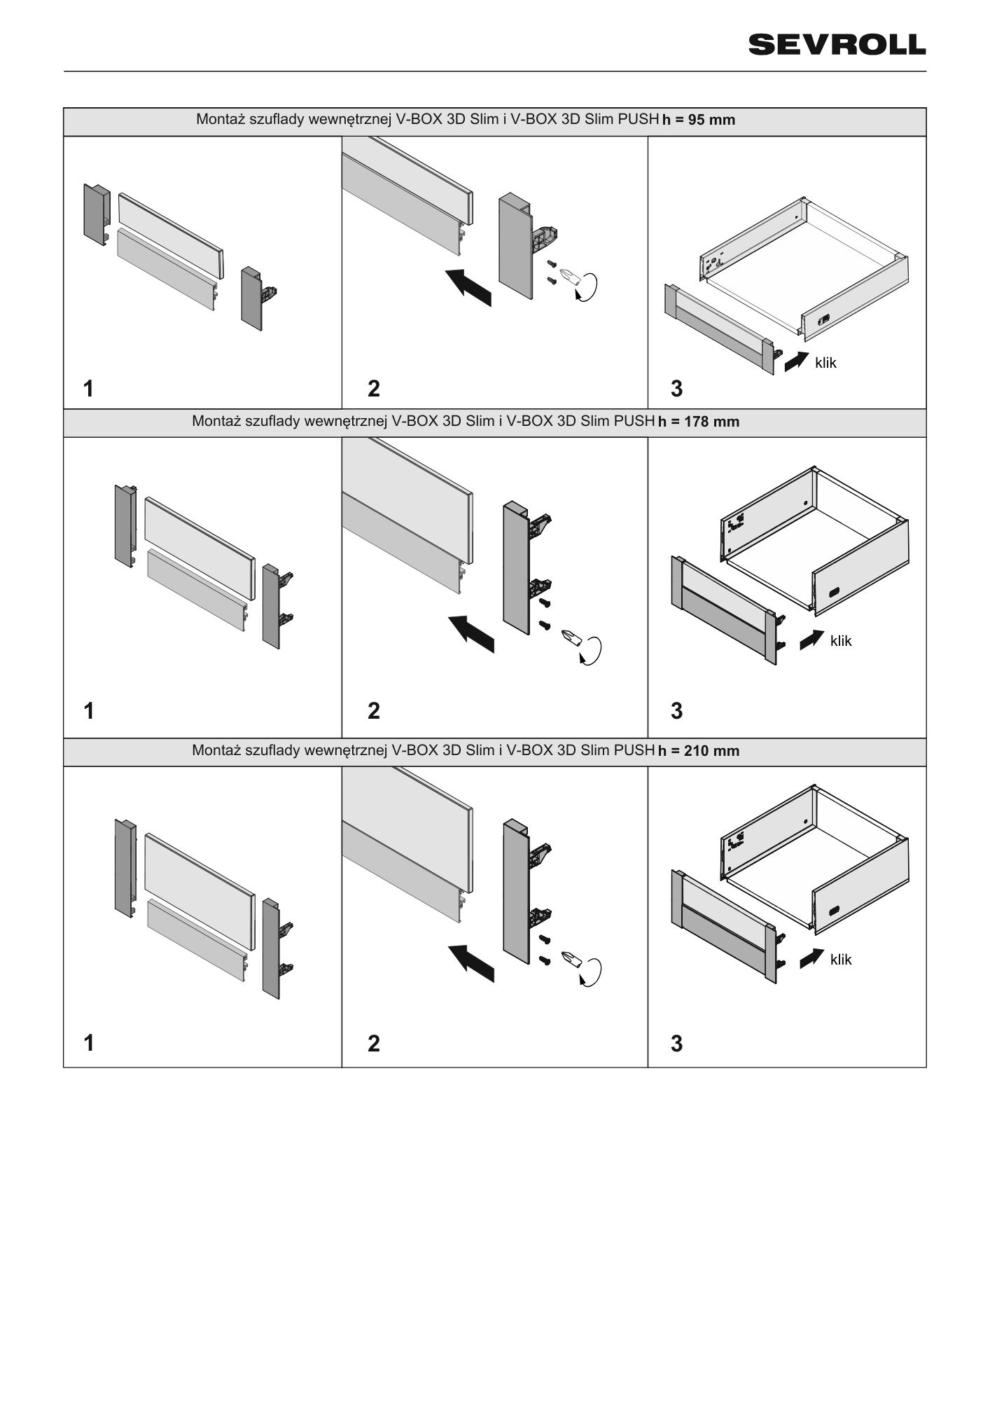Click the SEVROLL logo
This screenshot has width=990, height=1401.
coord(837,45)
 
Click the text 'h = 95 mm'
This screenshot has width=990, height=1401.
coord(699,120)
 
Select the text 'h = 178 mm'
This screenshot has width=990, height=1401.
coord(699,422)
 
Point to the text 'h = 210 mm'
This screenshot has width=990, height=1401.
coord(699,751)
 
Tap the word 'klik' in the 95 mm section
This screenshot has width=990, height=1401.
coord(825,363)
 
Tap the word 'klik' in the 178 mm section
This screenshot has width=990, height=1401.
coord(841,640)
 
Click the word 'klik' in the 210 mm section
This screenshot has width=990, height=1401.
coord(841,960)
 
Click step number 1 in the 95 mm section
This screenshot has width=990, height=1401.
coord(88,388)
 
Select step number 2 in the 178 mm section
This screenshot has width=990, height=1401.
coord(374,711)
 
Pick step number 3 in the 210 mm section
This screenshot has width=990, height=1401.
coord(676,1044)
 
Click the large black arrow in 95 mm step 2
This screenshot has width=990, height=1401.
coord(470,286)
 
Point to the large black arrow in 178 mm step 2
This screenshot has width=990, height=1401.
coord(471,632)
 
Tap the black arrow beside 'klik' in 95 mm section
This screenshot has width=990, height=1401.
coord(797,361)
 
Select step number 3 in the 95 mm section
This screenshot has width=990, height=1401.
coord(676,388)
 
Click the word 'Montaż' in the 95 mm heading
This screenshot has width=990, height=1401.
coord(220,119)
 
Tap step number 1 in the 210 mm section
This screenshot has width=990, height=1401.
coord(88,1044)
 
